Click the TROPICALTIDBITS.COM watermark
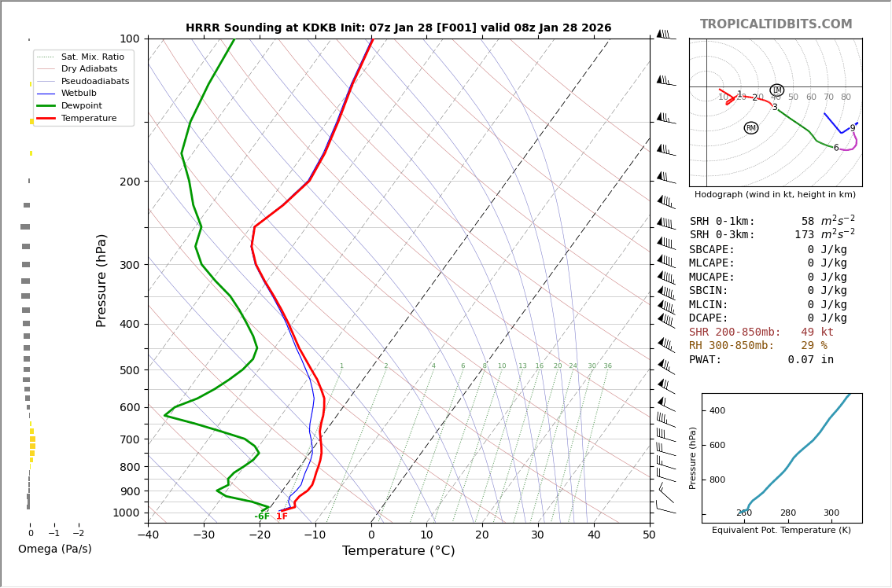pyautogui.click(x=776, y=24)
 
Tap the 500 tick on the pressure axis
pyautogui.click(x=129, y=370)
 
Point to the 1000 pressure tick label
pyautogui.click(x=126, y=513)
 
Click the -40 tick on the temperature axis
pyautogui.click(x=148, y=536)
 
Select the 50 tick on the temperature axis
pyautogui.click(x=649, y=536)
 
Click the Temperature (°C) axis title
pyautogui.click(x=398, y=551)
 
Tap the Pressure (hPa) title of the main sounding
pyautogui.click(x=101, y=280)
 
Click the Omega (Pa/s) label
pyautogui.click(x=54, y=549)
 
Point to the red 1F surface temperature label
pyautogui.click(x=282, y=516)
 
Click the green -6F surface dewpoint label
pyautogui.click(x=262, y=516)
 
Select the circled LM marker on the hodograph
pyautogui.click(x=776, y=90)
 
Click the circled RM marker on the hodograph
pyautogui.click(x=750, y=128)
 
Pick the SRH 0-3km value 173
pyautogui.click(x=804, y=235)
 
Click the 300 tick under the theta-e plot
pyautogui.click(x=831, y=513)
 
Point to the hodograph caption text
pyautogui.click(x=775, y=194)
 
